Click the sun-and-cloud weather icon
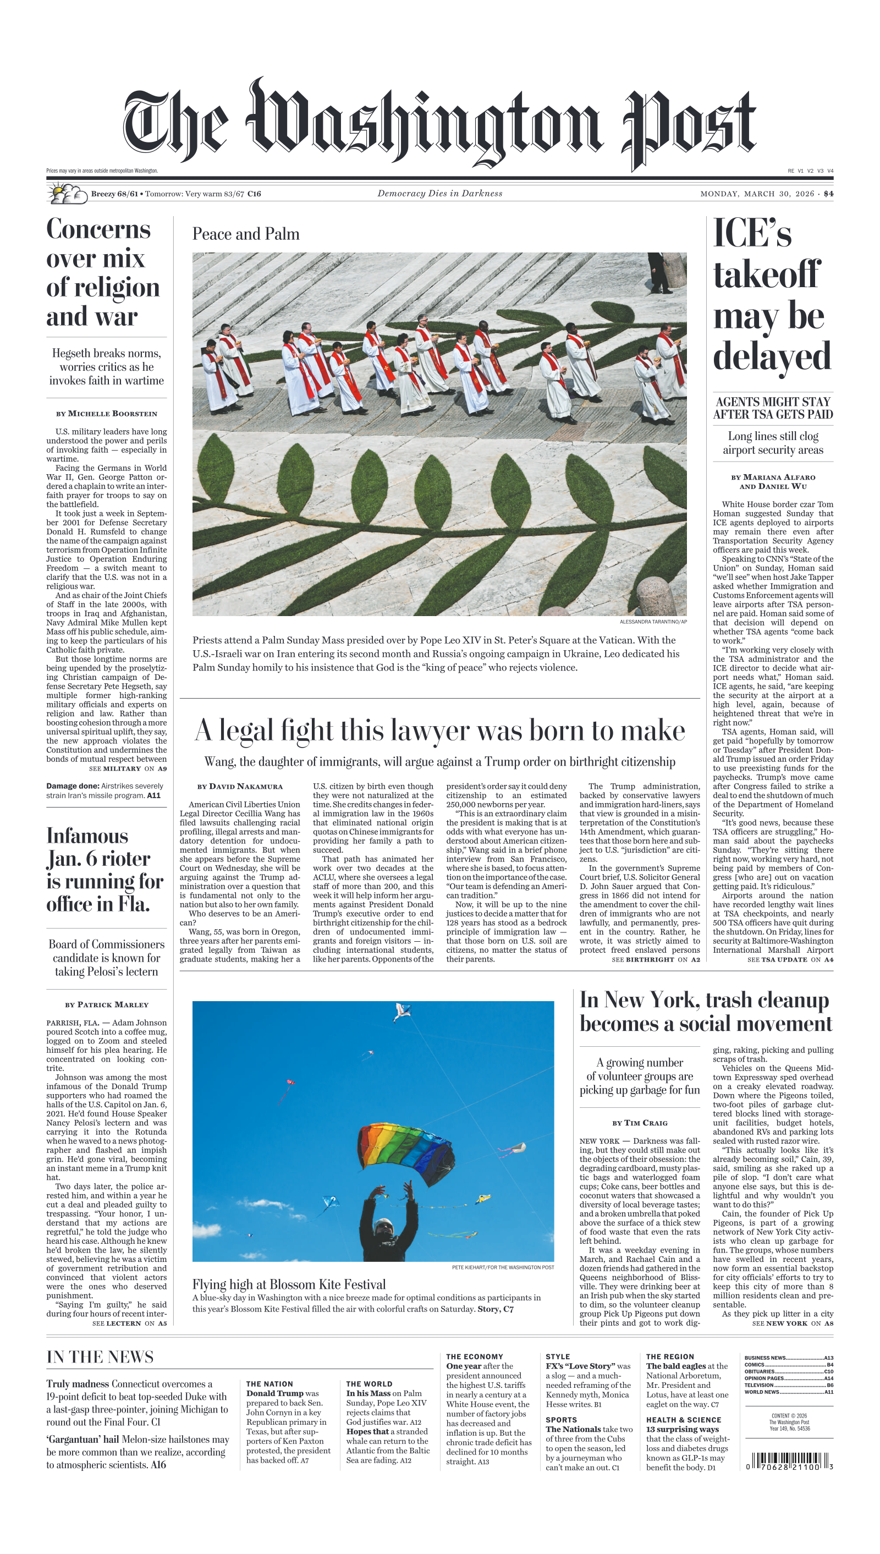(67, 194)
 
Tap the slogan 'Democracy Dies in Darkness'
(439, 194)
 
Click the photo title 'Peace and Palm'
(245, 234)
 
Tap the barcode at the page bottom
(789, 1462)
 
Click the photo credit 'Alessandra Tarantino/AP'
(653, 622)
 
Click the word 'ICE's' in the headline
(752, 233)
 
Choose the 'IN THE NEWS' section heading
(100, 1357)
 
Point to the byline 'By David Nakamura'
(239, 787)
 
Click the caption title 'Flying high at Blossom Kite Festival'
(289, 1284)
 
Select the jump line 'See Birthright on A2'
(655, 959)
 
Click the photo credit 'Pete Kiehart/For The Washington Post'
(502, 1267)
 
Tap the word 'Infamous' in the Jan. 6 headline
(87, 836)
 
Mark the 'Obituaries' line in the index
(788, 1371)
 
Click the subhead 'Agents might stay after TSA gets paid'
(772, 408)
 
